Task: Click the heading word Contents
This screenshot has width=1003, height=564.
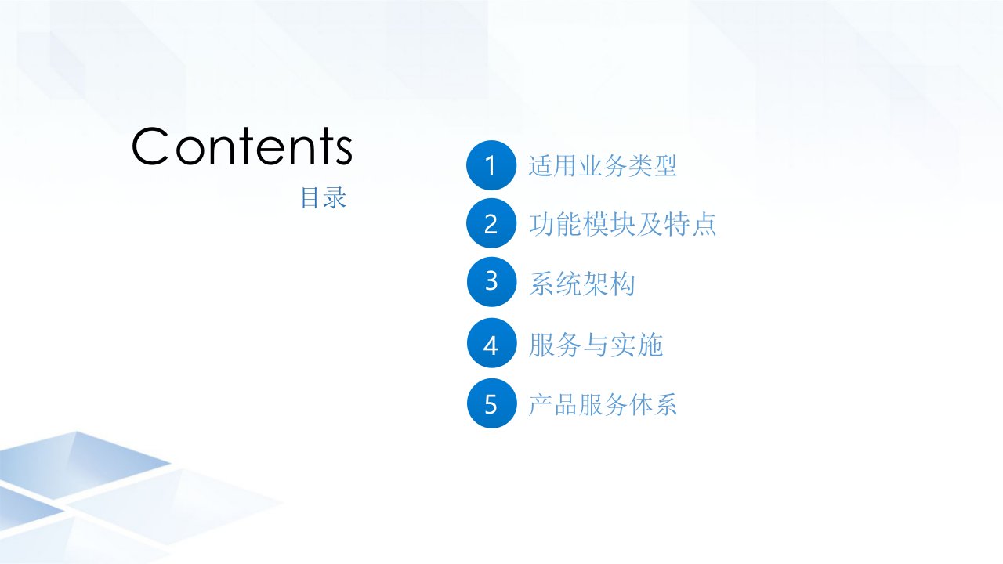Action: (242, 146)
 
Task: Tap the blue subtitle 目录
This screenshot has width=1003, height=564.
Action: (324, 198)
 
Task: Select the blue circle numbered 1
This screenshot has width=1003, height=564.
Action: (491, 165)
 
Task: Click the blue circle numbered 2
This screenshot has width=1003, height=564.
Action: (491, 223)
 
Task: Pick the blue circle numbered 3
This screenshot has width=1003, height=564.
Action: (491, 281)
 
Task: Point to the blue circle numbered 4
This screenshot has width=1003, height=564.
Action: (491, 343)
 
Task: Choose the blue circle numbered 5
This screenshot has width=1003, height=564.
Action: (491, 403)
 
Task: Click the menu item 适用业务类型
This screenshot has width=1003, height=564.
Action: (603, 165)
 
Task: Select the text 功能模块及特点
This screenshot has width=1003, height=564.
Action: (622, 224)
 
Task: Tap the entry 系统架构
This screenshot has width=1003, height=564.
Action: (581, 284)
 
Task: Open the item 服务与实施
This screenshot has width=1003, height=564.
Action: (596, 345)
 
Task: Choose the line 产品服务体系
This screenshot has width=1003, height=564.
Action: (603, 405)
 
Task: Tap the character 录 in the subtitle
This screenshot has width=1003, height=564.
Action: (335, 198)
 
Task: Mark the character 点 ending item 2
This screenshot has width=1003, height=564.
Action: (704, 224)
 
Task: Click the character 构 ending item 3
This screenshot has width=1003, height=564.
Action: (622, 284)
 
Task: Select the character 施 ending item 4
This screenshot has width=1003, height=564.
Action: (650, 345)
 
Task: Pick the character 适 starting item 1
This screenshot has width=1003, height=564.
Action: (541, 165)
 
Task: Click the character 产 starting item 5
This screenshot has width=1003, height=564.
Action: (541, 405)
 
